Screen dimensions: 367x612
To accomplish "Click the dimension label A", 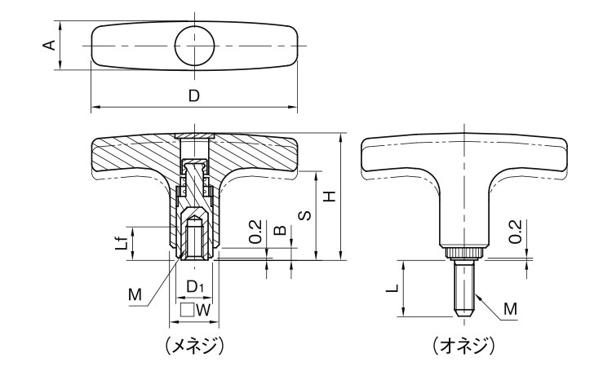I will [x=51, y=46].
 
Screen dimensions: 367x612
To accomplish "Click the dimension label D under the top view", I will [x=193, y=95].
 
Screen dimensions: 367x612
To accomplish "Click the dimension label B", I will [x=280, y=232].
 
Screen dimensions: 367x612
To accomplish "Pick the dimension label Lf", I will [x=121, y=241].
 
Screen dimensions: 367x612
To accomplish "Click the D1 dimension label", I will [x=194, y=287].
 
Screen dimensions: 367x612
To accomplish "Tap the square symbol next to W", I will [x=187, y=309].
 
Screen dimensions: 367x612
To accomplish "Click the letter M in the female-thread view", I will [x=135, y=293].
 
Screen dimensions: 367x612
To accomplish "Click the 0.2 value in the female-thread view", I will [x=255, y=231].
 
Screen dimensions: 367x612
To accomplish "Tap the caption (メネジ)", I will [x=194, y=346].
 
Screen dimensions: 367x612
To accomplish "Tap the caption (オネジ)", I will [x=464, y=346].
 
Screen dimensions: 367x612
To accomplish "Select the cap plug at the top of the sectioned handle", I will [x=195, y=136].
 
